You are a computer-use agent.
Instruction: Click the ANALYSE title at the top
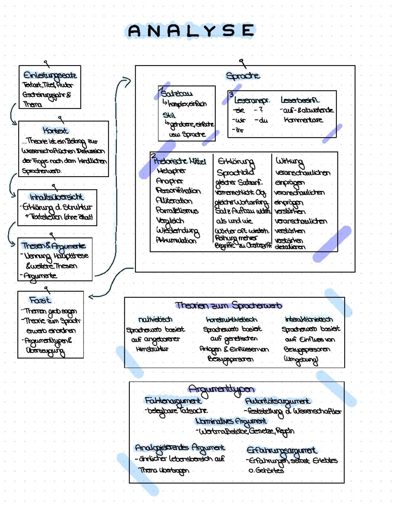pos(191,31)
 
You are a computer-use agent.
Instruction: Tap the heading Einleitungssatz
pos(50,75)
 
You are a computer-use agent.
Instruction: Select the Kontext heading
pos(55,130)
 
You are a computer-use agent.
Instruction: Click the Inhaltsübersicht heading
pos(57,197)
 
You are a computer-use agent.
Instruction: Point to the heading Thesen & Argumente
pos(54,245)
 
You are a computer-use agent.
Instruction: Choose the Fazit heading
pos(40,300)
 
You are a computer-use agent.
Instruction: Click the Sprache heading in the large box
pos(243,76)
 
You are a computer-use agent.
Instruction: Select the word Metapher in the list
pos(171,171)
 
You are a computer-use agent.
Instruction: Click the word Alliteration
pos(174,201)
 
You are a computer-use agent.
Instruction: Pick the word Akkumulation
pos(176,241)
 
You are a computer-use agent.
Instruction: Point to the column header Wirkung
pos(289,161)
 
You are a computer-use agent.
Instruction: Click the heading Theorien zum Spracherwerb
pos(229,305)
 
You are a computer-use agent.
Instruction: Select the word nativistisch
pos(155,319)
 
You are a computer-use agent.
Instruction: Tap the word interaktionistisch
pos(309,319)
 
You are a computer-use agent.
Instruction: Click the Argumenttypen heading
pos(221,389)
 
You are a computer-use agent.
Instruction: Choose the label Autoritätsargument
pos(278,401)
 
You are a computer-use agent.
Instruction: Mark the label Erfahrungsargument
pos(282,450)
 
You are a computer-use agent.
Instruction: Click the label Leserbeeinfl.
pos(300,100)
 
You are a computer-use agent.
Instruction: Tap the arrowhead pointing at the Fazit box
pos(91,297)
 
